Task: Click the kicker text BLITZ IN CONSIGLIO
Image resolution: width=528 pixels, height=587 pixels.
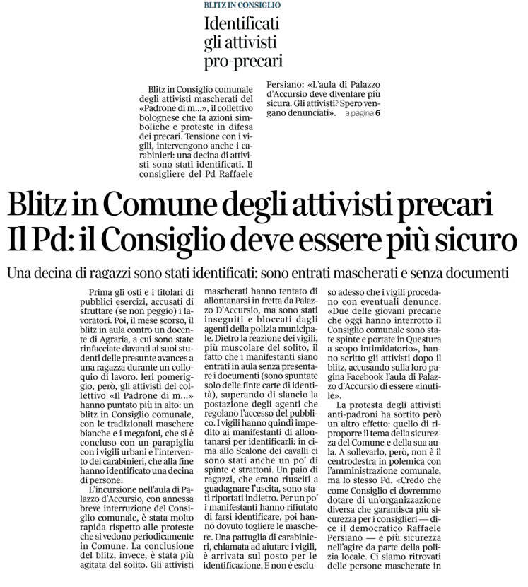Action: (242, 5)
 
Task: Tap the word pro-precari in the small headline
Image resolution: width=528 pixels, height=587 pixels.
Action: (243, 61)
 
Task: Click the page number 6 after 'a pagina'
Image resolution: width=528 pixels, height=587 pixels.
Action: (377, 113)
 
